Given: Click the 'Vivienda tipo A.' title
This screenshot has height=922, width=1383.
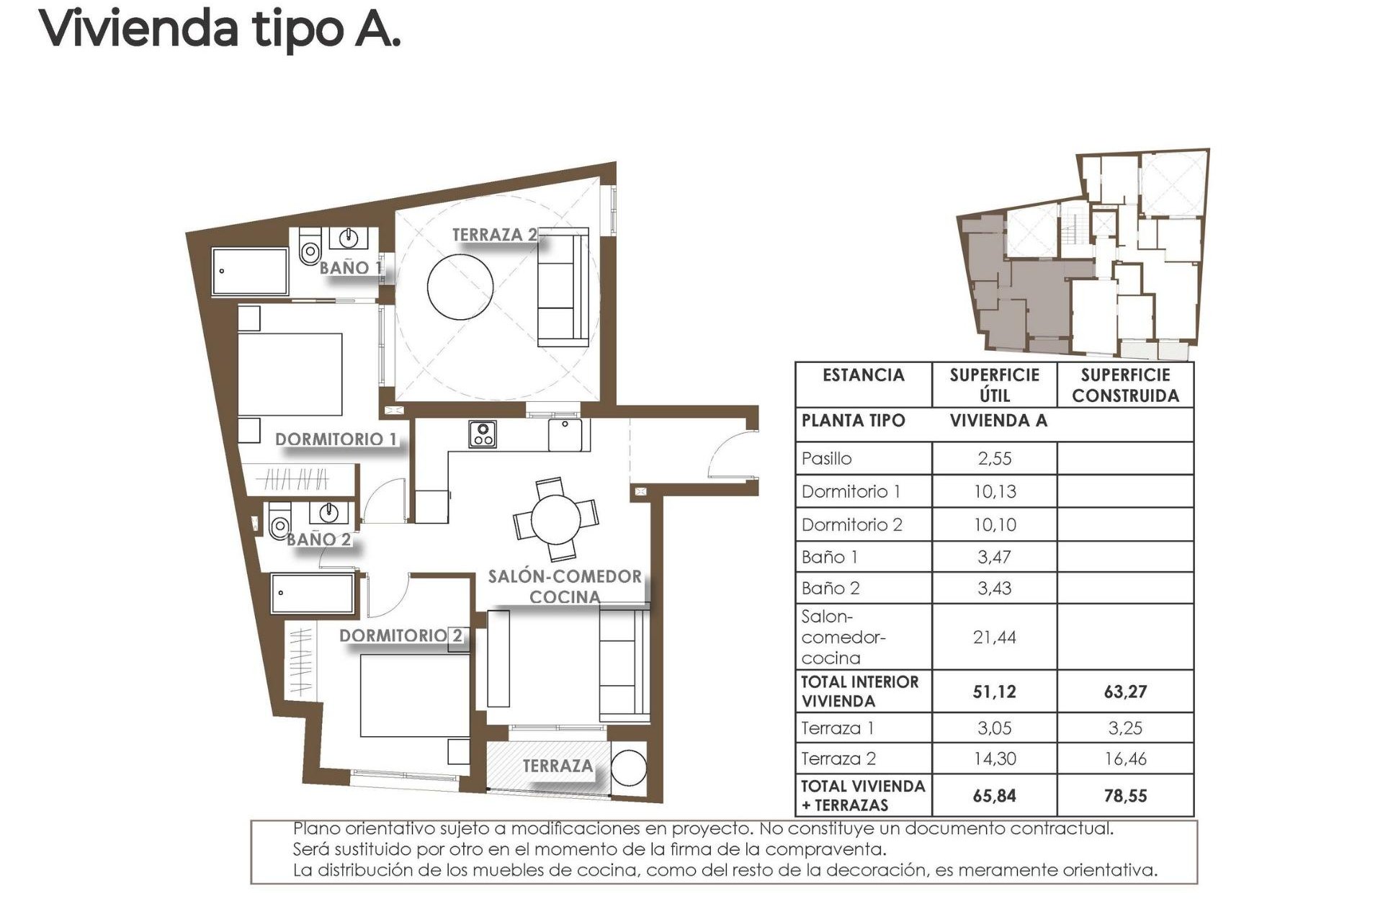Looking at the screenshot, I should [x=220, y=29].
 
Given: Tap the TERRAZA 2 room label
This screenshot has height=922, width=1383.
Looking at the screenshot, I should [x=494, y=235].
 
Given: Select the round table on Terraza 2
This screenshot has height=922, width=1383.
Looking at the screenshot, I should [x=460, y=285].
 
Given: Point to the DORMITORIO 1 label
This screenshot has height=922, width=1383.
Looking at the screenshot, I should [x=336, y=439].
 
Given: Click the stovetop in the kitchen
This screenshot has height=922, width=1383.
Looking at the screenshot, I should [x=482, y=434].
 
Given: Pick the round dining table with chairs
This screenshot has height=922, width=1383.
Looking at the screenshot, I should [x=555, y=519].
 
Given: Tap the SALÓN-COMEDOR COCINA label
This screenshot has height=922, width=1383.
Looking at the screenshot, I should [x=565, y=586].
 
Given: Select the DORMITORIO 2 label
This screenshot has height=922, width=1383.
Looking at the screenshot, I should [x=400, y=635].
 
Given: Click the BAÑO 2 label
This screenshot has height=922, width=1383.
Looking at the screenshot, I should [x=319, y=540].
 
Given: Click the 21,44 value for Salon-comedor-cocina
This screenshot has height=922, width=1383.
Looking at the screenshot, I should [x=994, y=637].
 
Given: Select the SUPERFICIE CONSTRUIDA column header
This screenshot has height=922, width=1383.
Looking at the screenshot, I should [x=1125, y=385].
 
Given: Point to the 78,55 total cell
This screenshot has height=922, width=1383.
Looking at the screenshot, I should [x=1125, y=795].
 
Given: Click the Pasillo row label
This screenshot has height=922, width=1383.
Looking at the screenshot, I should [x=827, y=459].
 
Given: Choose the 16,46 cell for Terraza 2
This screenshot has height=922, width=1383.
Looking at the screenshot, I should [x=1125, y=758].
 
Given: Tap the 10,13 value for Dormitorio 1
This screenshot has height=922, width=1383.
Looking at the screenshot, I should [x=994, y=492].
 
